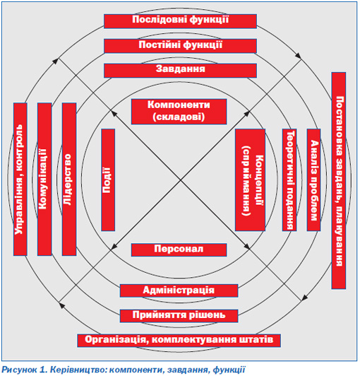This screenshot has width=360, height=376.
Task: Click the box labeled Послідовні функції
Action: pyautogui.click(x=180, y=21)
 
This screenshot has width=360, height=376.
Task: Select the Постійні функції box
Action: pyautogui.click(x=180, y=46)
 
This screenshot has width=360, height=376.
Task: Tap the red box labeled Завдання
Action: pyautogui.click(x=180, y=71)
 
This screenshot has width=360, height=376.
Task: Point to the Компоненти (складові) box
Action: pyautogui.click(x=179, y=112)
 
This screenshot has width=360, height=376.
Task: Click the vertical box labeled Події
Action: pyautogui.click(x=108, y=180)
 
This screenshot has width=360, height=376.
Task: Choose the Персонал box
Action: pyautogui.click(x=179, y=249)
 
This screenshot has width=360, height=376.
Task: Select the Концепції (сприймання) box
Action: pyautogui.click(x=250, y=180)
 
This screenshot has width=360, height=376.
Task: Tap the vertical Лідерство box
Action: pyautogui.click(x=69, y=179)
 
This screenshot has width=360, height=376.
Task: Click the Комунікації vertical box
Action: pyautogui.click(x=44, y=179)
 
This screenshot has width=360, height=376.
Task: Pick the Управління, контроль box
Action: pyautogui.click(x=20, y=179)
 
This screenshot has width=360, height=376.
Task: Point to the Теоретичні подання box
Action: pyautogui.click(x=289, y=180)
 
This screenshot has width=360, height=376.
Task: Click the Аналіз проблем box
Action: pyautogui.click(x=314, y=180)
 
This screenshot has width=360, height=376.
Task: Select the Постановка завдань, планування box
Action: pyautogui.click(x=339, y=180)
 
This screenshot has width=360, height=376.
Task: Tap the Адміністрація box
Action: pyautogui.click(x=179, y=290)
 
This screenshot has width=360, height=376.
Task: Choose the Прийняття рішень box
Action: pyautogui.click(x=179, y=315)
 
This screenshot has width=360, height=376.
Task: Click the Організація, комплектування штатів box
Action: pyautogui.click(x=179, y=341)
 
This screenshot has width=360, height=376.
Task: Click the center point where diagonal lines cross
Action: pyautogui.click(x=180, y=180)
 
